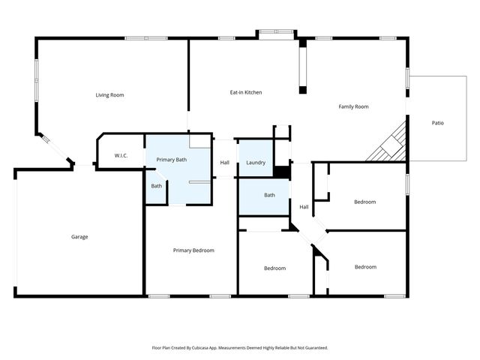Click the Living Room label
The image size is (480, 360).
click(x=109, y=95)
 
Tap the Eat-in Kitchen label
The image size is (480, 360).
click(x=245, y=92)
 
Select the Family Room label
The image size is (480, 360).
click(x=353, y=107)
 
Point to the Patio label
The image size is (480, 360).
click(x=437, y=122)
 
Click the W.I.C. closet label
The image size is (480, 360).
click(x=121, y=155)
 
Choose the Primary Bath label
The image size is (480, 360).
click(x=171, y=160)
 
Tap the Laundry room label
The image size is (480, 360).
click(x=256, y=163)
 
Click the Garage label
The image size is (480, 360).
click(x=79, y=237)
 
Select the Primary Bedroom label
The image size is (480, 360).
click(x=193, y=250)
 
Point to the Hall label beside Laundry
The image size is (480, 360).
click(x=224, y=163)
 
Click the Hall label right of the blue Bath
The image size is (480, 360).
click(x=304, y=207)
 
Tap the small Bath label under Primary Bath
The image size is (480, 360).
click(x=156, y=186)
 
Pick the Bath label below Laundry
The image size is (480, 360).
click(x=269, y=196)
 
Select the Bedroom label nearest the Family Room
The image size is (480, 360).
click(x=364, y=202)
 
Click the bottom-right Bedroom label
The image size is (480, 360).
click(x=365, y=267)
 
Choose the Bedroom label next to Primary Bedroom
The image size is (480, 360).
click(x=274, y=268)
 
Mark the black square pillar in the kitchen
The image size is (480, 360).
click(x=303, y=91)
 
